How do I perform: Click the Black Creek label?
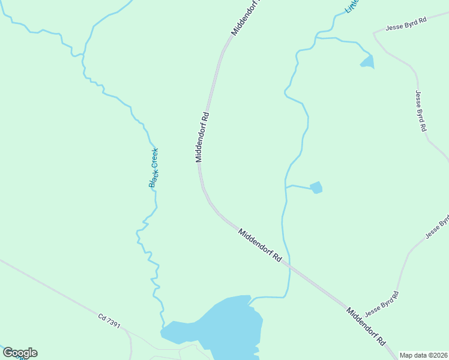pos(154,167)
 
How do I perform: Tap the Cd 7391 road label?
pos(109,320)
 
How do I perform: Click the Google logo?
pos(20,353)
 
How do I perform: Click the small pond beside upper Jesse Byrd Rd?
pos(367,61)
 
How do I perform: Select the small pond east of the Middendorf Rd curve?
pos(316,188)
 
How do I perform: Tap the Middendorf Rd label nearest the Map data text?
pos(365,326)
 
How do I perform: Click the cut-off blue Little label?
pos(351,6)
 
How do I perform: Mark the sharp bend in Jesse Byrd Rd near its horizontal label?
pos(374,33)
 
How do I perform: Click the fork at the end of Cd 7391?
pos(130,333)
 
